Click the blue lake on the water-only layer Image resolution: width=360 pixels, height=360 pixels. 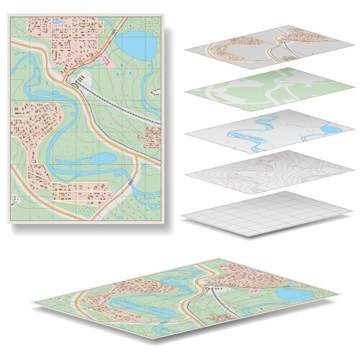[x=329, y=130]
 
